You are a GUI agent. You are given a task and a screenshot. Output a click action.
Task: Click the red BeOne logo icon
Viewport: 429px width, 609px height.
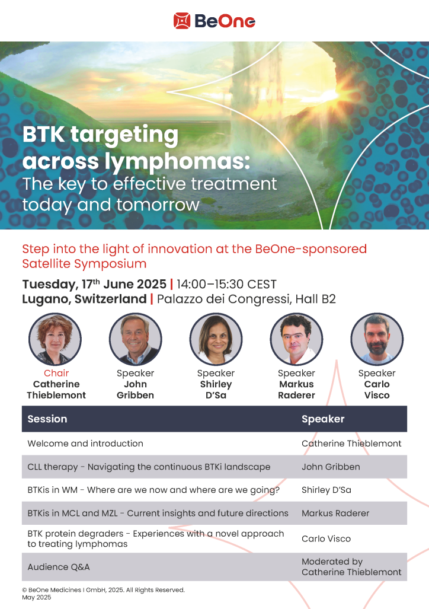tap(182, 21)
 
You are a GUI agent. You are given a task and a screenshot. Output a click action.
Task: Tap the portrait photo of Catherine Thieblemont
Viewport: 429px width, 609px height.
tap(55, 339)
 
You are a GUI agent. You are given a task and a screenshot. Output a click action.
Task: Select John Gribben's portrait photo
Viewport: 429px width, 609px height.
tap(136, 339)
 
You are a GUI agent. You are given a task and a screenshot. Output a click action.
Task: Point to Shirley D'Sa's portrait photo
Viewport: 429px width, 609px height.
tap(216, 339)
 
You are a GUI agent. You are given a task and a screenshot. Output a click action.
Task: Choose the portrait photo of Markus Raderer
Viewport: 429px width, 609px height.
tap(296, 339)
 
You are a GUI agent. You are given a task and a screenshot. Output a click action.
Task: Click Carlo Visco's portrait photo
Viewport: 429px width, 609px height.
tap(377, 339)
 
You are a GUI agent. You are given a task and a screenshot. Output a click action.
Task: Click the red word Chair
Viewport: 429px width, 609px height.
tap(56, 373)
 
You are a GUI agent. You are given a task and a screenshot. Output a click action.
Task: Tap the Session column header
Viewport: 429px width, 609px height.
tap(47, 419)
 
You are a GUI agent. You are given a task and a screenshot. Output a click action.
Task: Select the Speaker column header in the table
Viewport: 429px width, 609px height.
tap(323, 419)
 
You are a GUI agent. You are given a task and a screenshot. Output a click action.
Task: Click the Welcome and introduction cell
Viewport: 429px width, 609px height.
tap(85, 444)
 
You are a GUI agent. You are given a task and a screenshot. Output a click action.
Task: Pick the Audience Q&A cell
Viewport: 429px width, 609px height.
tap(59, 567)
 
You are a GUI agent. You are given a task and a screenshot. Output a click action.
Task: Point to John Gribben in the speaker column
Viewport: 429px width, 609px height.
tap(331, 467)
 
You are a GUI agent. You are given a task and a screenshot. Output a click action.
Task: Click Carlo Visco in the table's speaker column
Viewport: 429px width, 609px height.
tap(326, 538)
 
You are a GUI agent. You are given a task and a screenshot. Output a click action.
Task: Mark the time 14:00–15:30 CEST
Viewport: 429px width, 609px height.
tap(227, 284)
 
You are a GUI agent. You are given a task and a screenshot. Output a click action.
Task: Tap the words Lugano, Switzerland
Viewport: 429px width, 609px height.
tap(84, 299)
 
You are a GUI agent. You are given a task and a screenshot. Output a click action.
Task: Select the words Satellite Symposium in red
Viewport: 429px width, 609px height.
tap(84, 264)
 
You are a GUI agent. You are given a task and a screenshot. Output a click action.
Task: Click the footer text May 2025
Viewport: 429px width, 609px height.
tap(37, 597)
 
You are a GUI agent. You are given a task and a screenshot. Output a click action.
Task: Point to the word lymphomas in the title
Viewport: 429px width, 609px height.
tap(177, 161)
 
